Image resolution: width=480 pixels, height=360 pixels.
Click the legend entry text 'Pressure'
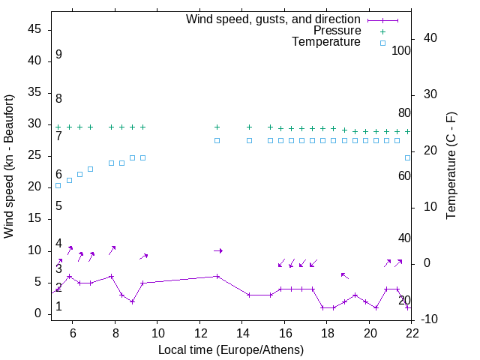[337, 31]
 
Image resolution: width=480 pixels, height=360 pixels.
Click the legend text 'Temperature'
[326, 42]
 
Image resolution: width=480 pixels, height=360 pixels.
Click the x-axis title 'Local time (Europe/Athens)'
[231, 349]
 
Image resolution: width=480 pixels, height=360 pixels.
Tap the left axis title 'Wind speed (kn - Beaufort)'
[10, 166]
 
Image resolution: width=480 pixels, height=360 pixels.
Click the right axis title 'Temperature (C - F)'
[451, 166]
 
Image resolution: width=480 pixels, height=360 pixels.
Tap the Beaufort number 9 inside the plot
[58, 55]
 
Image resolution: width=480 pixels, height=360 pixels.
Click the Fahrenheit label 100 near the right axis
[402, 50]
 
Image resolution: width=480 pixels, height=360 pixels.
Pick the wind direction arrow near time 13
[218, 250]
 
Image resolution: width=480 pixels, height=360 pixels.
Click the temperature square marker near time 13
[217, 140]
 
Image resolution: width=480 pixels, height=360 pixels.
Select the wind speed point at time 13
[217, 276]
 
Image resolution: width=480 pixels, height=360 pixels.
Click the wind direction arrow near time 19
[344, 275]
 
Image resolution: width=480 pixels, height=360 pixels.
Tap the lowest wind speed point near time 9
[132, 301]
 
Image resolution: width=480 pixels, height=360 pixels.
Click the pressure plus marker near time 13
[217, 127]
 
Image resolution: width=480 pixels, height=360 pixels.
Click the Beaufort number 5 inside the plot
[58, 206]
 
